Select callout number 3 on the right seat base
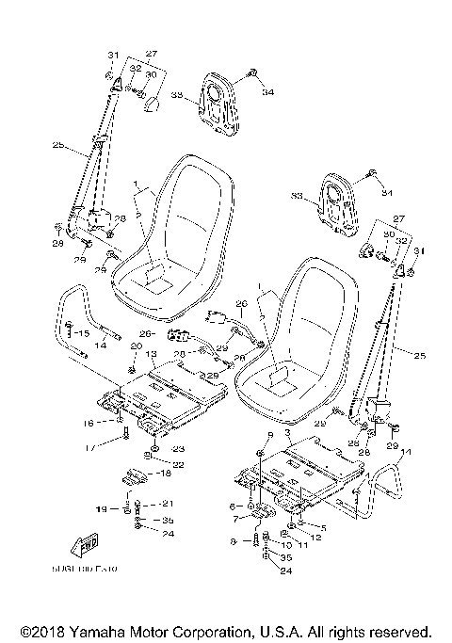click(286, 432)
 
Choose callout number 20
click(137, 346)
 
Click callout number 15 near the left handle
click(82, 333)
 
